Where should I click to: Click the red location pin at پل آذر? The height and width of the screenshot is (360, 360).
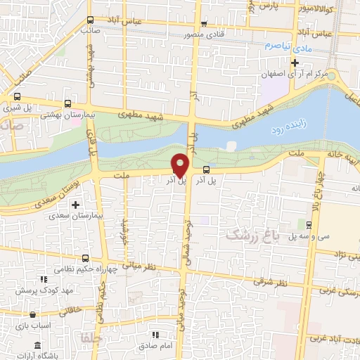point(180,165)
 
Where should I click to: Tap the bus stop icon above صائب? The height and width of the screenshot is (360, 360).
point(89,20)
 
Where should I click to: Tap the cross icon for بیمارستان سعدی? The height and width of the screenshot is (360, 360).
point(76,204)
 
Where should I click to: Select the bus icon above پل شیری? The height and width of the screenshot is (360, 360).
point(17,98)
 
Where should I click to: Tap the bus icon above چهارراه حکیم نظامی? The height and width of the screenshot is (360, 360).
point(85,258)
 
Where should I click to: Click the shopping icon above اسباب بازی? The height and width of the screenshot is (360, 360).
point(27,317)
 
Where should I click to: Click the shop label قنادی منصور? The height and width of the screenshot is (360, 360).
point(184,33)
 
